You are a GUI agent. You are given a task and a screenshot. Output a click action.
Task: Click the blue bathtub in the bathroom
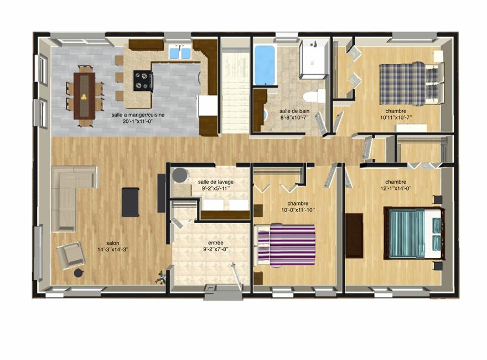coord(265,65)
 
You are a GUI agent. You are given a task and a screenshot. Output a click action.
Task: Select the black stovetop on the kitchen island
coord(143,81)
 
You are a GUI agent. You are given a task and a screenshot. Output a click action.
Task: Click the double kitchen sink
coord(180,52)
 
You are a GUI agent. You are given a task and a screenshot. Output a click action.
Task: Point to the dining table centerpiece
coord(83,97)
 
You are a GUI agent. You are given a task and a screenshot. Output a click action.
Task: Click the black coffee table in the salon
coord(131,202)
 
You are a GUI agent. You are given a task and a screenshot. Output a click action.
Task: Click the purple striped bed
coord(284,245)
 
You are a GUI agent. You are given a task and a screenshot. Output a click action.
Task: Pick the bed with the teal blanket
coord(413,233)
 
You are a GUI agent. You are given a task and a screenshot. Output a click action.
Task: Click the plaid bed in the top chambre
coord(411,83)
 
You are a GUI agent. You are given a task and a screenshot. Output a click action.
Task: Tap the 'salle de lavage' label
coord(215,182)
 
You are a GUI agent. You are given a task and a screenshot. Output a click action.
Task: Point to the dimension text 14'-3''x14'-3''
coord(113,249)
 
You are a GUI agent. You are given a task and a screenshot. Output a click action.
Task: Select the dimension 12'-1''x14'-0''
coord(395,188)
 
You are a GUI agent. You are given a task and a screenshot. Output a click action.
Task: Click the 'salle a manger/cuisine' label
coord(138,115)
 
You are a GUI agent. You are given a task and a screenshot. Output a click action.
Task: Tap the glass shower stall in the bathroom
coord(314,59)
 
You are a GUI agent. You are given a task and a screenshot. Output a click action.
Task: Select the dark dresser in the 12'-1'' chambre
coord(354,235)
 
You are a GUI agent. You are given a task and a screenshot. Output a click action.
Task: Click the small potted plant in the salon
coord(161,277)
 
